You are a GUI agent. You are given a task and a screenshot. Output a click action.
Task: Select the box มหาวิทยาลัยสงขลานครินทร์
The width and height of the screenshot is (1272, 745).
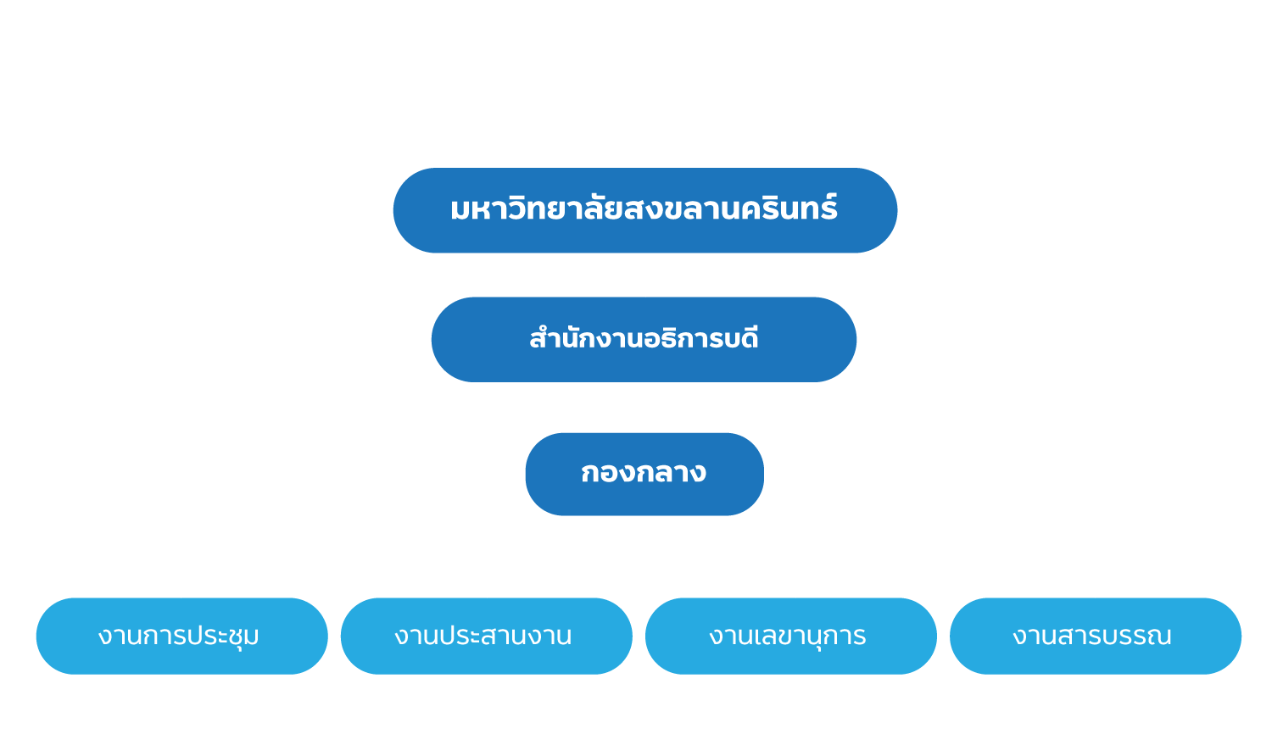coord(644,210)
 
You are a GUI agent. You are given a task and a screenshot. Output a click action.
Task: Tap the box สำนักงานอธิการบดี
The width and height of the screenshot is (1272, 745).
coord(644,339)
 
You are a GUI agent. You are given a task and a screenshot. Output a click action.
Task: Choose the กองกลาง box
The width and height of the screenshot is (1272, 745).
coord(644,474)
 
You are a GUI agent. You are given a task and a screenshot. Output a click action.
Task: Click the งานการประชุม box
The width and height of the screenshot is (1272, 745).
coord(181,636)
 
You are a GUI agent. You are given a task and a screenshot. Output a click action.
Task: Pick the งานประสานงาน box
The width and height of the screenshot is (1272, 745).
coord(486,636)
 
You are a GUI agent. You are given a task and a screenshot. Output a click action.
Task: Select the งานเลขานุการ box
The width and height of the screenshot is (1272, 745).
coord(790,636)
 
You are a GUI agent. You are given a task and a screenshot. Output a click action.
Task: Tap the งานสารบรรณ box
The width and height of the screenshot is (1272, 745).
coord(1095,636)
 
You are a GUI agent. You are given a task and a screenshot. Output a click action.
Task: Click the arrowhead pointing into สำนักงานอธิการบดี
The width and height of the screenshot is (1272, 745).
coord(645,291)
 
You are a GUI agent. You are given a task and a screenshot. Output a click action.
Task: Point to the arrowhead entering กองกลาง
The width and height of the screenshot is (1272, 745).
coord(645,425)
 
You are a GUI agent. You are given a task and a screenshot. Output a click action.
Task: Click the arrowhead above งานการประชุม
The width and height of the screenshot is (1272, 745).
coord(181,592)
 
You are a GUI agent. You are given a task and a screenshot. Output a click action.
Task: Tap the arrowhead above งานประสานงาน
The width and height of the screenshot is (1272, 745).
coord(488,592)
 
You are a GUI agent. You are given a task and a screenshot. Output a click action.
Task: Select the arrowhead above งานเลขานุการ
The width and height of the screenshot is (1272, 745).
coord(795,592)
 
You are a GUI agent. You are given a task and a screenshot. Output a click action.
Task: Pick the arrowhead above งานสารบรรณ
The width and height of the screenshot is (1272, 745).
coord(1095,592)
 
